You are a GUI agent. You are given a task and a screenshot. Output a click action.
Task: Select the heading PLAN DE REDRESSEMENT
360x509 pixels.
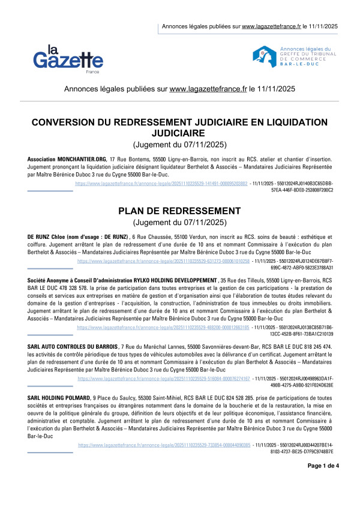[179, 211]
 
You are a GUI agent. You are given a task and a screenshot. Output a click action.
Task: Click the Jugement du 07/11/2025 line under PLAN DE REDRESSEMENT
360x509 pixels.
[179, 223]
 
